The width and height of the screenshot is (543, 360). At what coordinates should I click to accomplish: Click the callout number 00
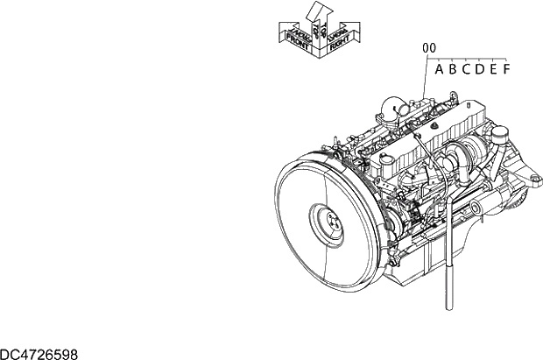click(429, 49)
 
